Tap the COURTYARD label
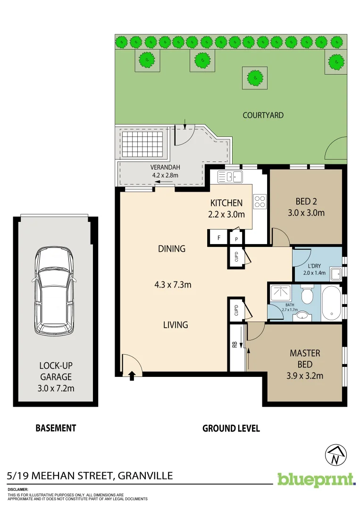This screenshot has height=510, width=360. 263,115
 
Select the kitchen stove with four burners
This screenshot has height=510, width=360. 260,202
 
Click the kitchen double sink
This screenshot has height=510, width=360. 230,177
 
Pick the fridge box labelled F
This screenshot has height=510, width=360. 218,238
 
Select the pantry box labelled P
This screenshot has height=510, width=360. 236,239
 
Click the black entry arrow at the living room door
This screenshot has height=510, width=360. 132,375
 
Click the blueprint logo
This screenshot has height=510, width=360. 316,479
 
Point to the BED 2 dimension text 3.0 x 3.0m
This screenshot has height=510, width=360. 306,212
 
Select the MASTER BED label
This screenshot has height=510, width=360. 305,358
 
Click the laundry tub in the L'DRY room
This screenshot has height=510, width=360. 336,274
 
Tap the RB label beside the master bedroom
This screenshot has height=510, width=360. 234,345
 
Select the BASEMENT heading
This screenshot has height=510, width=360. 56,428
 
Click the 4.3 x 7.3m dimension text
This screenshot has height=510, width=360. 172,285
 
